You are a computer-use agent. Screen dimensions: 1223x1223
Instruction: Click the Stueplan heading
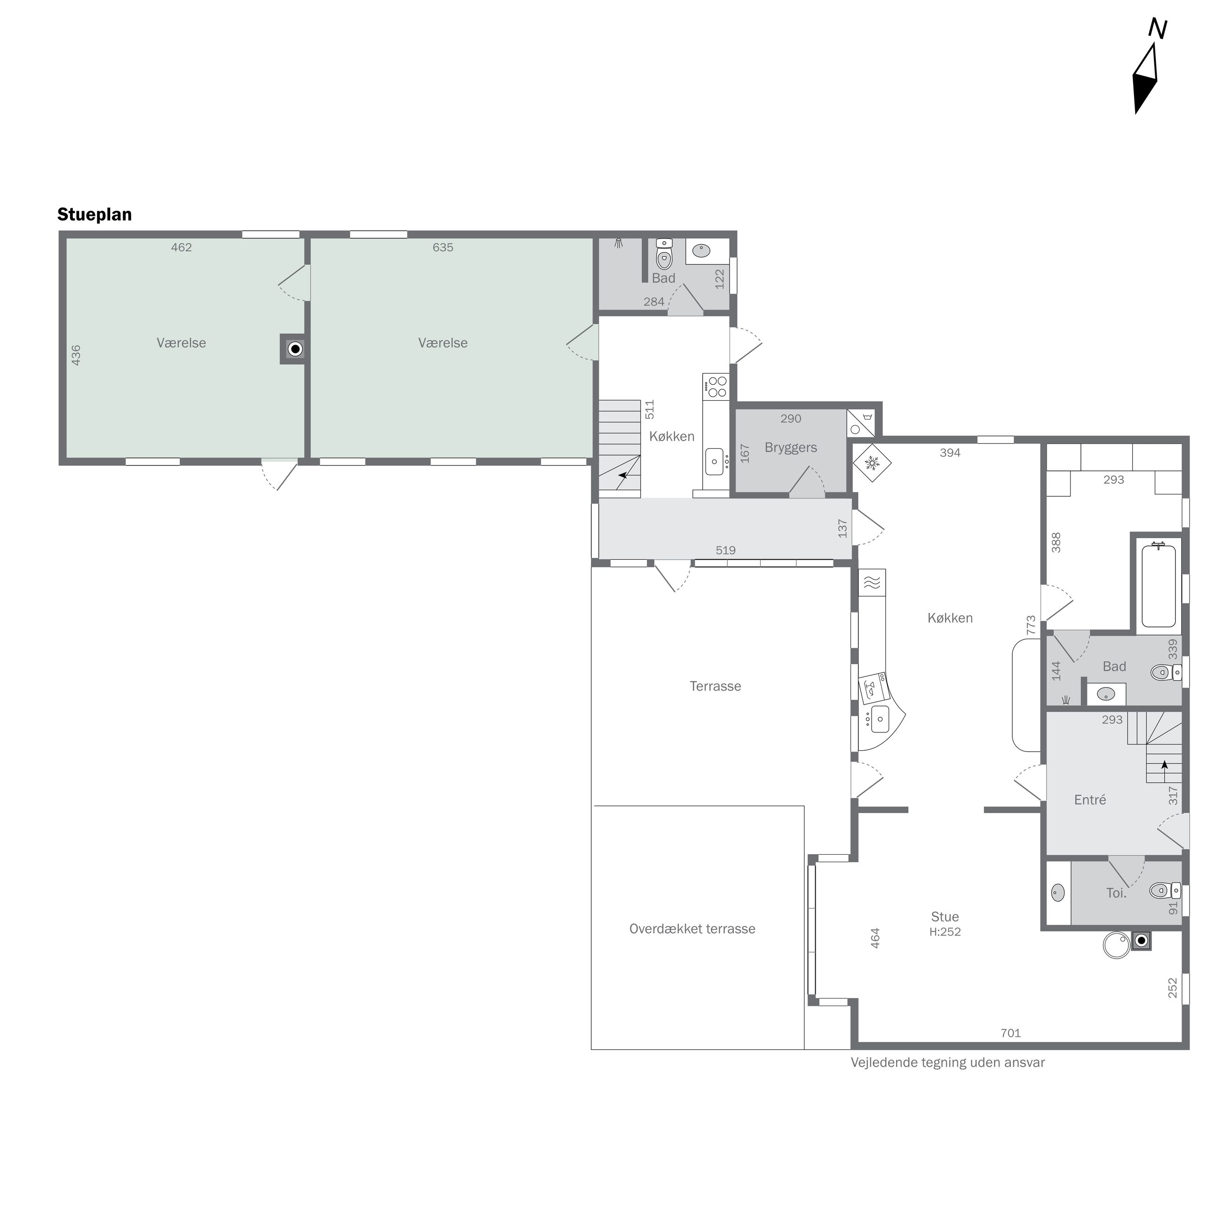95,214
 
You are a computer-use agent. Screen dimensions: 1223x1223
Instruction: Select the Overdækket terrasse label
692,929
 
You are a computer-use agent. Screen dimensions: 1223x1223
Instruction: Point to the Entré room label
1090,800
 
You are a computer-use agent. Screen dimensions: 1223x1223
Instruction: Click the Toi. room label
1116,893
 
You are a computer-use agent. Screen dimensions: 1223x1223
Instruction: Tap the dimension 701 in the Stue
1010,1033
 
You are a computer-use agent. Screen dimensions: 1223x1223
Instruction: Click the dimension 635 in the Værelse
443,247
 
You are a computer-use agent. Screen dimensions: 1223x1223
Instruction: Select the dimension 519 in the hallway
725,550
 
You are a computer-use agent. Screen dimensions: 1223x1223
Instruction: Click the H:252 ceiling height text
945,932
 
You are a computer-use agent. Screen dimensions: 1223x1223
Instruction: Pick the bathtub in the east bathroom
1159,585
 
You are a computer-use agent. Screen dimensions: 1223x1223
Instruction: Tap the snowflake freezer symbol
872,463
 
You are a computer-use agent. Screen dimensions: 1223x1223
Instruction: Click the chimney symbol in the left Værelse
295,349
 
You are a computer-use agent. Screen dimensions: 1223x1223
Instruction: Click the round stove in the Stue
1116,946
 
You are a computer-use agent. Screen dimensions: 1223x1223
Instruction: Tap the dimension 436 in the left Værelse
76,355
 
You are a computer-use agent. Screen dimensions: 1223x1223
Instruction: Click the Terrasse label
715,686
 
